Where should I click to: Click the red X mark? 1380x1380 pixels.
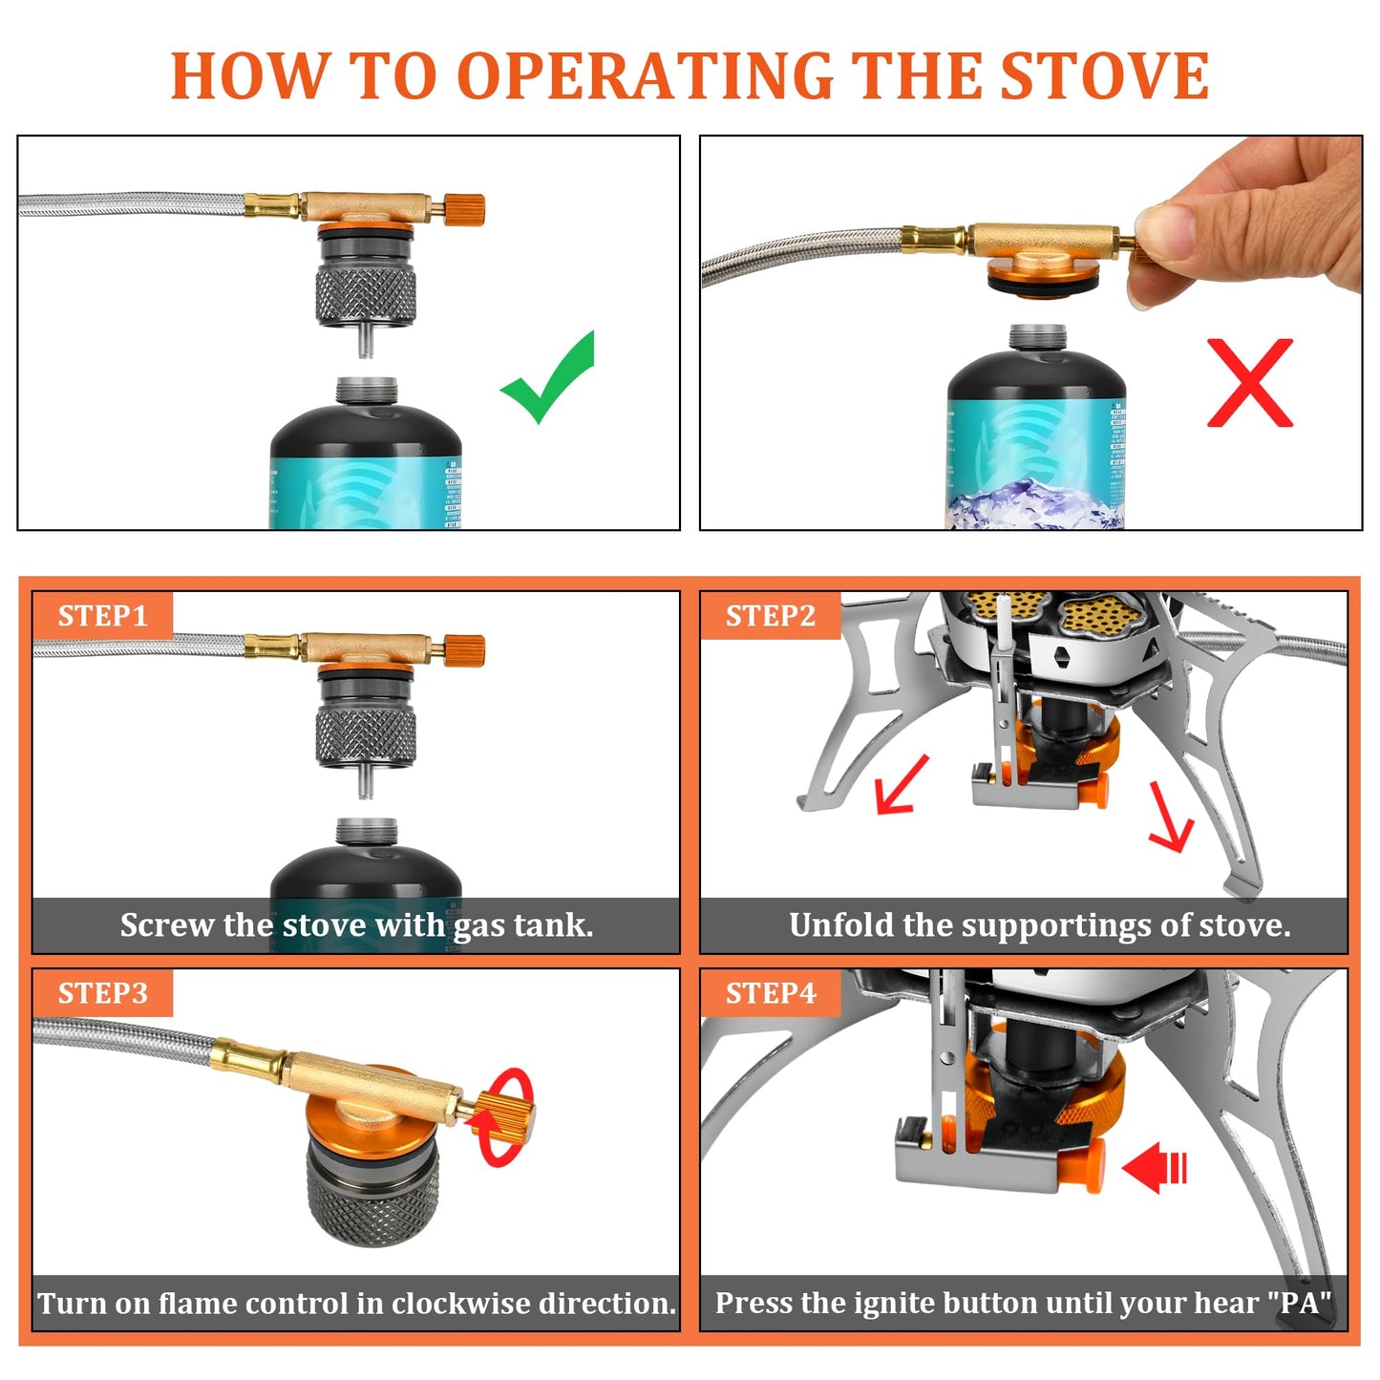point(1250,382)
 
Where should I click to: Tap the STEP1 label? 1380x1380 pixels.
point(102,616)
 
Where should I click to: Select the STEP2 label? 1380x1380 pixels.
point(770,616)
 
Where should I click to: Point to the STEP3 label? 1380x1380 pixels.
point(102,993)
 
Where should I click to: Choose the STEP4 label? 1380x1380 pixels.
point(770,993)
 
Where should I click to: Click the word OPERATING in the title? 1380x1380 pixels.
point(645,76)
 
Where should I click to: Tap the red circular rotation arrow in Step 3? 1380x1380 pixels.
point(506,1117)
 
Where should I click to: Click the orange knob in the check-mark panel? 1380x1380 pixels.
point(465,209)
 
